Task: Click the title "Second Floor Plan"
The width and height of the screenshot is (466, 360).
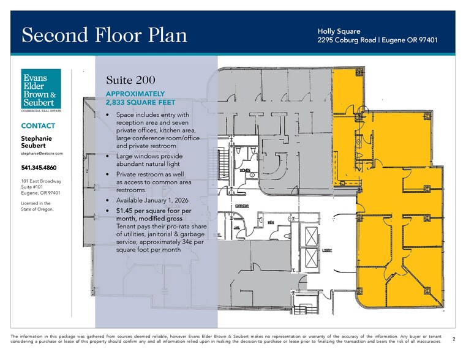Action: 104,35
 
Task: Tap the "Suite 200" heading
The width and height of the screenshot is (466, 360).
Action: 130,80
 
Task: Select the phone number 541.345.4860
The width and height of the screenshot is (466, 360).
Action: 39,168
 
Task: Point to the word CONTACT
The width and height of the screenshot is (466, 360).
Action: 38,126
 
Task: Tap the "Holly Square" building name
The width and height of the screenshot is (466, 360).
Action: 339,31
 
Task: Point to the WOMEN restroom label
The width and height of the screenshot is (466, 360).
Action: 244,170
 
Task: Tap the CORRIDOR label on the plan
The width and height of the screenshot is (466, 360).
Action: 242,206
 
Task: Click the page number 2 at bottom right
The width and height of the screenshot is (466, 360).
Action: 453,339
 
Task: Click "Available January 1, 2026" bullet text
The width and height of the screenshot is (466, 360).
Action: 152,200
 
